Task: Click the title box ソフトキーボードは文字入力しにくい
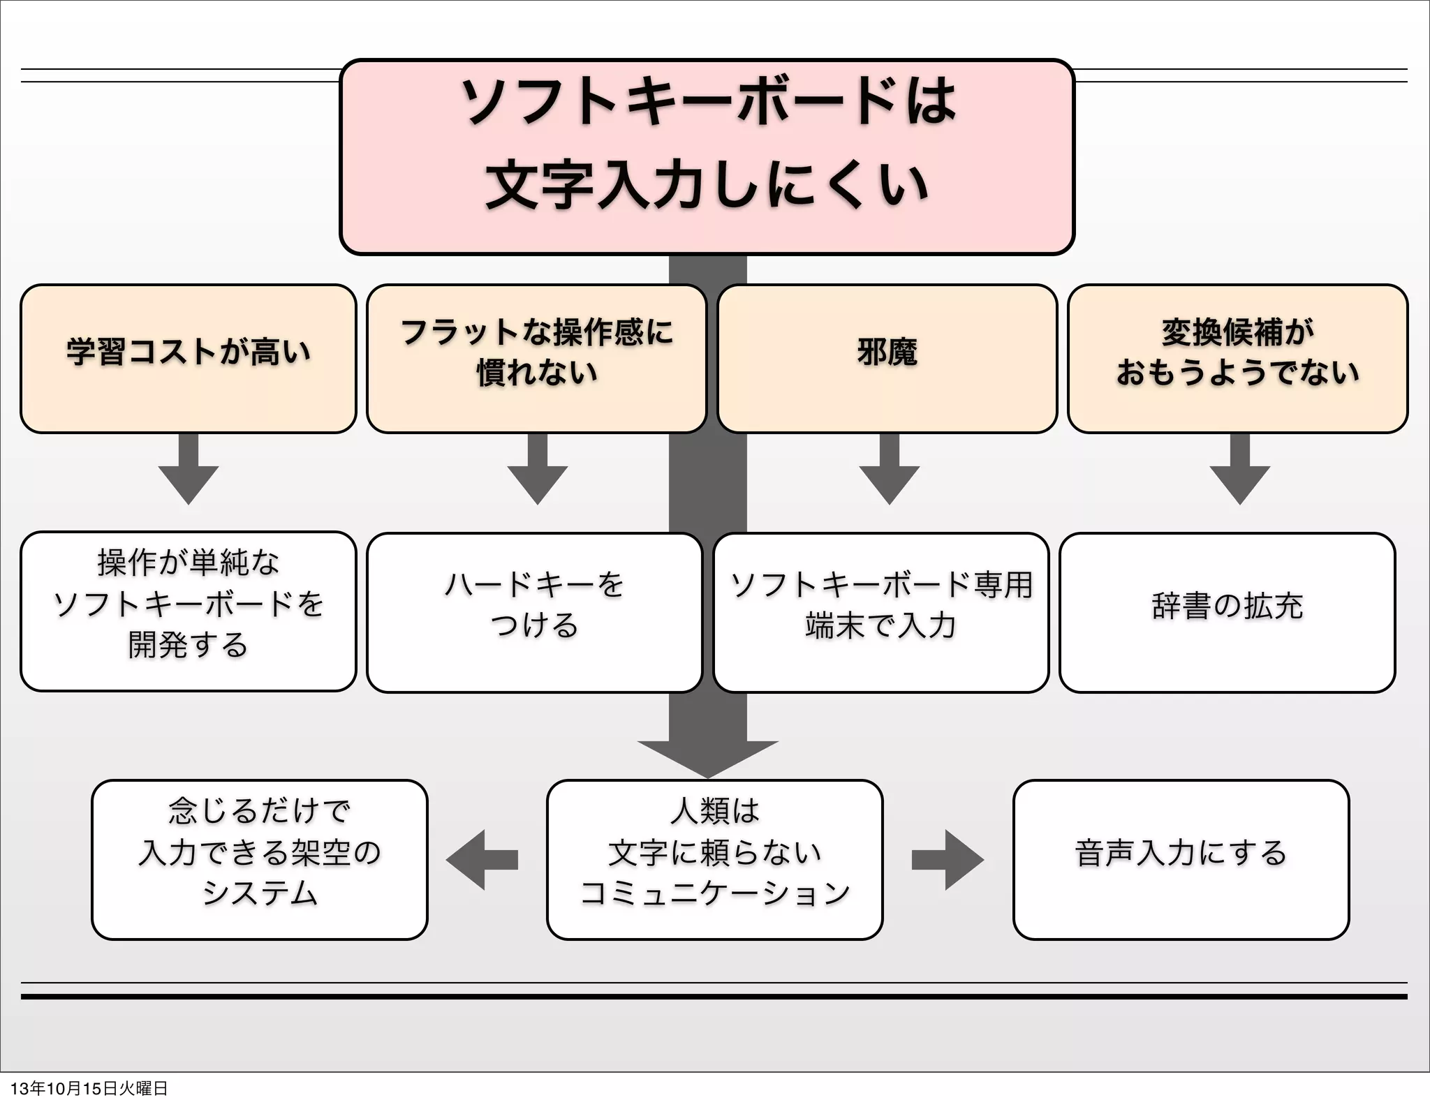pyautogui.click(x=707, y=157)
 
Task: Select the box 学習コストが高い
pyautogui.click(x=189, y=359)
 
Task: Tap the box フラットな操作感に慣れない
pyautogui.click(x=536, y=359)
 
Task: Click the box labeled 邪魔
pyautogui.click(x=887, y=359)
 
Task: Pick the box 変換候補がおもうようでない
pyautogui.click(x=1237, y=359)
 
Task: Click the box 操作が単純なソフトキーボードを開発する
pyautogui.click(x=189, y=611)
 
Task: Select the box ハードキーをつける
pyautogui.click(x=534, y=612)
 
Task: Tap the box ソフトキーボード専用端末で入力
pyautogui.click(x=880, y=612)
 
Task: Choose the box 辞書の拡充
pyautogui.click(x=1227, y=612)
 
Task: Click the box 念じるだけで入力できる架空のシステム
pyautogui.click(x=259, y=859)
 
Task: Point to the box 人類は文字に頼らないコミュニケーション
pyautogui.click(x=714, y=859)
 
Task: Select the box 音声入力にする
pyautogui.click(x=1181, y=859)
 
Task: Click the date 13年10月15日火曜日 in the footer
pyautogui.click(x=89, y=1088)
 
